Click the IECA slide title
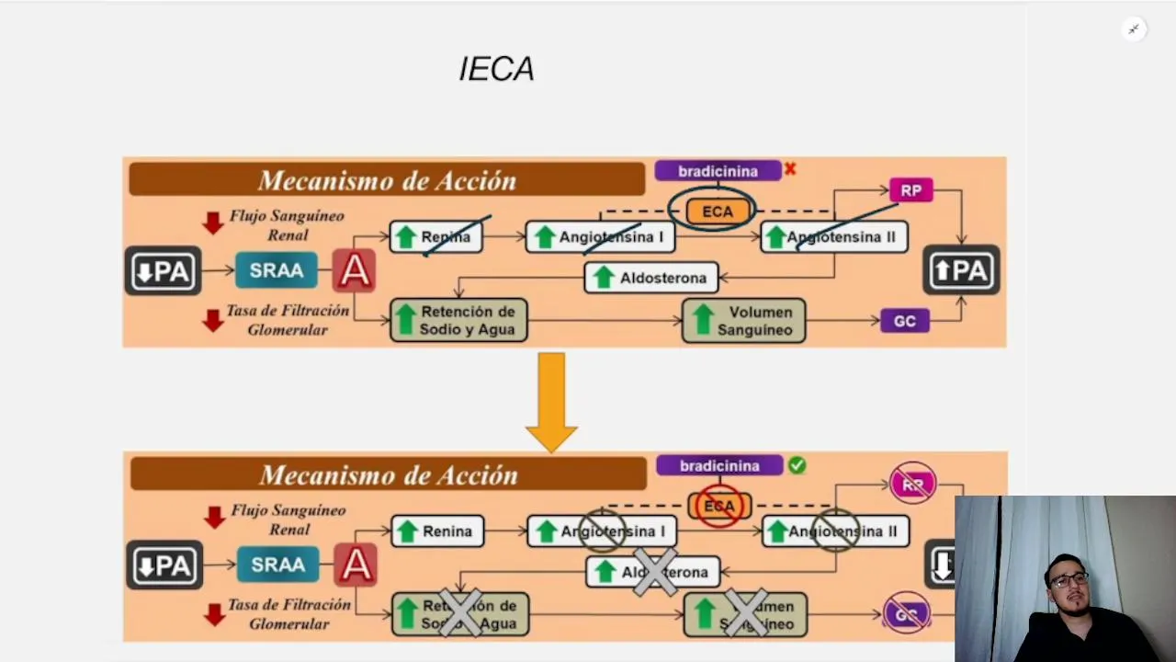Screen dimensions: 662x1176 point(496,69)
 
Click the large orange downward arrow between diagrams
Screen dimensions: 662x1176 point(551,402)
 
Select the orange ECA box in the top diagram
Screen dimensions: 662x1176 point(718,211)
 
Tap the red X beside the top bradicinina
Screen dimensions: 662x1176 point(790,169)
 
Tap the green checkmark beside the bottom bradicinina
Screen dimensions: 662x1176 point(797,465)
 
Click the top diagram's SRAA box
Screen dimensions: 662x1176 point(277,271)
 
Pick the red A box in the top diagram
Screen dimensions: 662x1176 point(355,271)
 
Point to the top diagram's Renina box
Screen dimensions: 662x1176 point(436,237)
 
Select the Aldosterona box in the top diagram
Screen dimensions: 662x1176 point(651,278)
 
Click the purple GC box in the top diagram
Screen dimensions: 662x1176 point(905,321)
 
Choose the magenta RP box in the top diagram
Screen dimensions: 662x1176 point(910,190)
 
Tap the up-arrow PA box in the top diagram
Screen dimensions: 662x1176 point(961,270)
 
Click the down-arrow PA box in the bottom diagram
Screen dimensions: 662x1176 point(164,565)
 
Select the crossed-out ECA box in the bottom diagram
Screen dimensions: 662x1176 point(719,507)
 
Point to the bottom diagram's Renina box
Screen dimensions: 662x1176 point(437,531)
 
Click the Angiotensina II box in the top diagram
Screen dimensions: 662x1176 point(834,237)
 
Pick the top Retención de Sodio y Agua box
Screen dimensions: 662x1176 point(458,320)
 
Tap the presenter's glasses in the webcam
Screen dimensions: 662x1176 point(1069,579)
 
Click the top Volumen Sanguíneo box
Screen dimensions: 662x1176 point(743,320)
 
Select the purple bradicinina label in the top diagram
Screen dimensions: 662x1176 point(718,171)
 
